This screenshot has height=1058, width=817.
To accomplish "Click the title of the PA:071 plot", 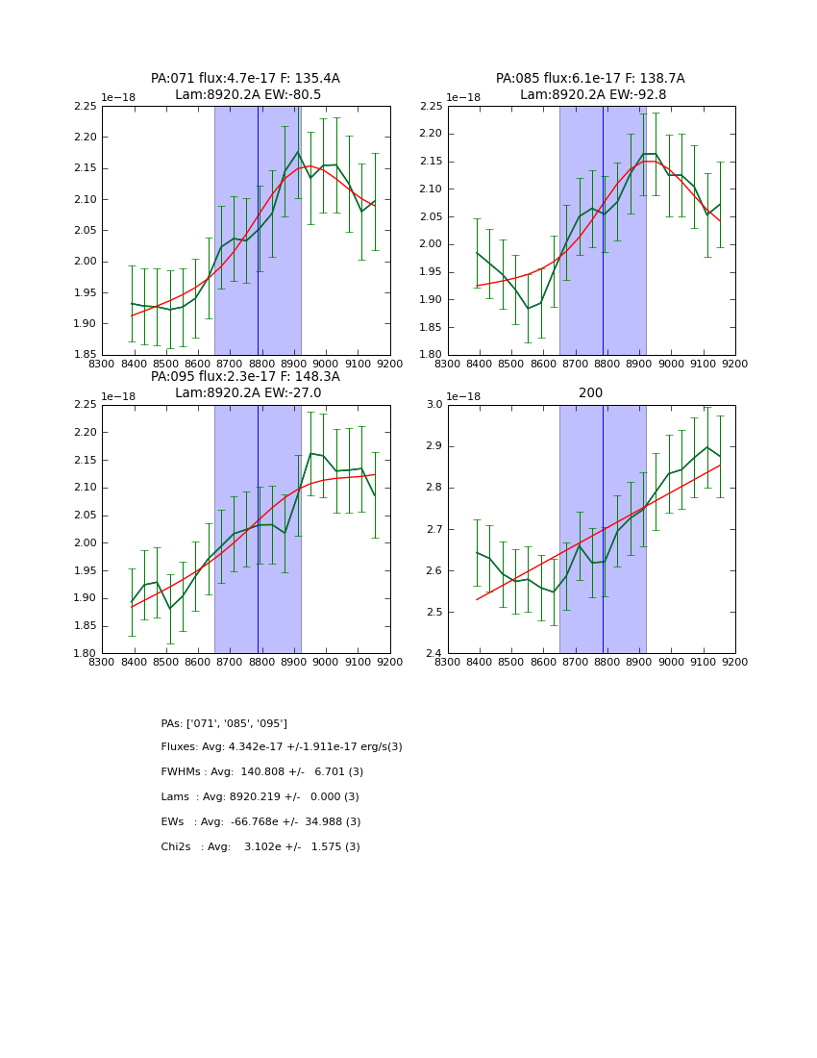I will pos(245,87).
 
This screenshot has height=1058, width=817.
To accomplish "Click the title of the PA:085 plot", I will pos(590,87).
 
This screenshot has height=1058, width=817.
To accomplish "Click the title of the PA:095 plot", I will pos(245,385).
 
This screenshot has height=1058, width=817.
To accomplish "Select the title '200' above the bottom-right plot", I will pos(590,392).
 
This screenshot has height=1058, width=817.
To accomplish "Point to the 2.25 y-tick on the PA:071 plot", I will pos(85,106).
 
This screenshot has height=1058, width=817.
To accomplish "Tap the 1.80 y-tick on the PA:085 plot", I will pos(430,355).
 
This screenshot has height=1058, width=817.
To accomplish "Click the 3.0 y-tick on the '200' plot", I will pos(434,405).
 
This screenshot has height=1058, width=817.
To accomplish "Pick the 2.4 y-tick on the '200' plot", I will pos(434,654).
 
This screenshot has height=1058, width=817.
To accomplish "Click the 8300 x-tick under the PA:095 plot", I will pos(102,662).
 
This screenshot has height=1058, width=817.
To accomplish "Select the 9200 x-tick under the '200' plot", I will pos(735,662).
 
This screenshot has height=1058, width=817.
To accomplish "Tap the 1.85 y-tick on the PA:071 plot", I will pos(85,355).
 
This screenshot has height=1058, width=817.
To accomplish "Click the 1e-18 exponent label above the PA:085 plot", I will pos(465,98).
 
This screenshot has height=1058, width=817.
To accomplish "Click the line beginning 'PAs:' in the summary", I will pos(224,723).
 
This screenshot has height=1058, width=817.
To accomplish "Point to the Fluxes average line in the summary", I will pos(282,747).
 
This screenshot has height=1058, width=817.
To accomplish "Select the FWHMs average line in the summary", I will pos(262,772).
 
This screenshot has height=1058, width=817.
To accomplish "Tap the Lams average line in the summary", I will pos(260,797).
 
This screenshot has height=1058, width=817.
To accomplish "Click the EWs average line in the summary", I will pos(260,822).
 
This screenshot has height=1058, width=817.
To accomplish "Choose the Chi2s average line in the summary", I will pos(260,847).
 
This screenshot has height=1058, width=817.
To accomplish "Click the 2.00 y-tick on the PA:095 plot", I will pos(85,543).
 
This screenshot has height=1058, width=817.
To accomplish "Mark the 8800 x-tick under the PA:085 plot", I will pos(607,363).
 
